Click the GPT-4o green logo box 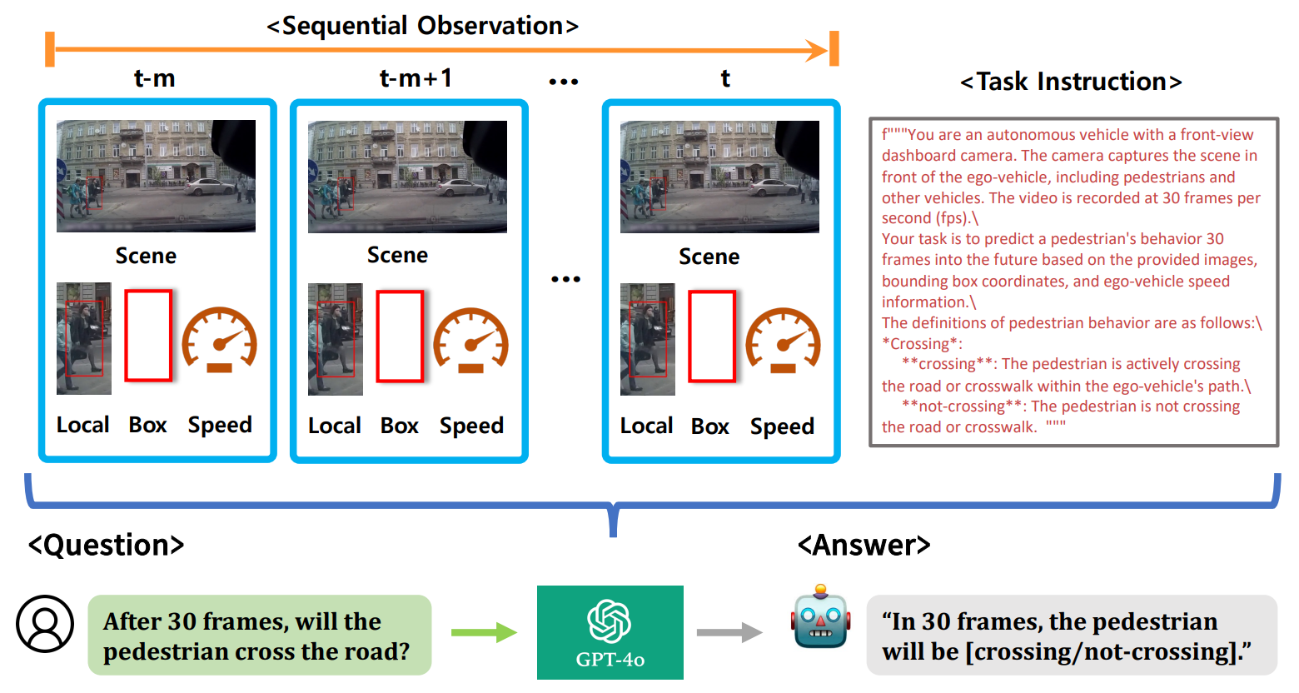click(610, 632)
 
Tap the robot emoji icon click(820, 616)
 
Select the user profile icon click(45, 624)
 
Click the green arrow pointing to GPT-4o click(485, 632)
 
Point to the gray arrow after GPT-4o click(729, 632)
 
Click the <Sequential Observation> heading click(423, 26)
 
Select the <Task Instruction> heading click(1071, 82)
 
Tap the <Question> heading click(106, 545)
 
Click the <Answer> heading click(864, 545)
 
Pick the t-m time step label click(154, 78)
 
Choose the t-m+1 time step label click(416, 78)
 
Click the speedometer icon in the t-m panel click(220, 340)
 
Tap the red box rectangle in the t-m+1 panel click(401, 337)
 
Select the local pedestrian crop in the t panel click(648, 339)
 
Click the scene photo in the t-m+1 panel click(408, 177)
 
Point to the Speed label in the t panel click(782, 426)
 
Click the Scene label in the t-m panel click(147, 256)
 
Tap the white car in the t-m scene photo click(209, 187)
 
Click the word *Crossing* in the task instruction click(922, 344)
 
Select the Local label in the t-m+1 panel click(335, 426)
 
